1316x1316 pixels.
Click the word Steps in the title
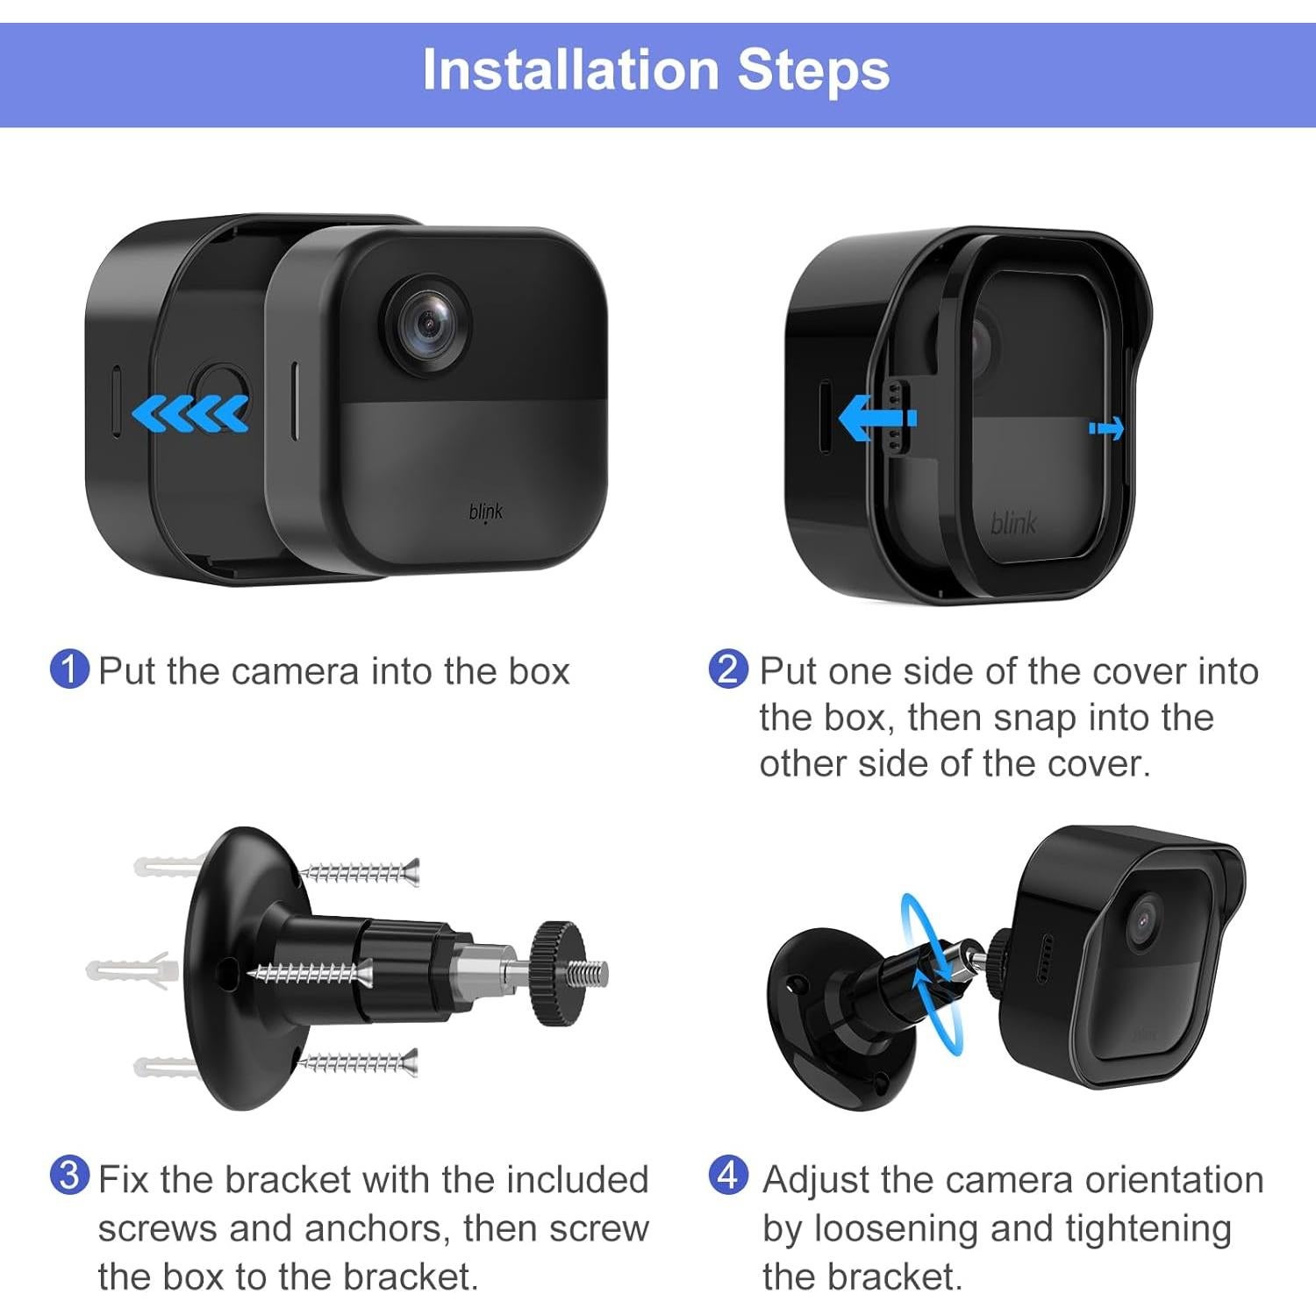[x=814, y=71]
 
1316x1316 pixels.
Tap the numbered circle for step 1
[x=70, y=669]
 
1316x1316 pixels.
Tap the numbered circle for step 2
[x=728, y=669]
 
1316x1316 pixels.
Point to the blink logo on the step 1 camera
[x=486, y=512]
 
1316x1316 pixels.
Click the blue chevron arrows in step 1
[x=190, y=413]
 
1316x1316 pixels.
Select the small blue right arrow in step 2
[x=1106, y=428]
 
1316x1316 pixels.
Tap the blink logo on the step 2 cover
[x=1013, y=524]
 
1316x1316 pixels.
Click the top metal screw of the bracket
[x=360, y=873]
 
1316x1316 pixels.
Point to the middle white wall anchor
[x=132, y=969]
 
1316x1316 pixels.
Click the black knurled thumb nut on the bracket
[x=558, y=973]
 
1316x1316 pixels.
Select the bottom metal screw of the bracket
[x=358, y=1063]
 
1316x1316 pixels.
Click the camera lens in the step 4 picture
[x=1144, y=921]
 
